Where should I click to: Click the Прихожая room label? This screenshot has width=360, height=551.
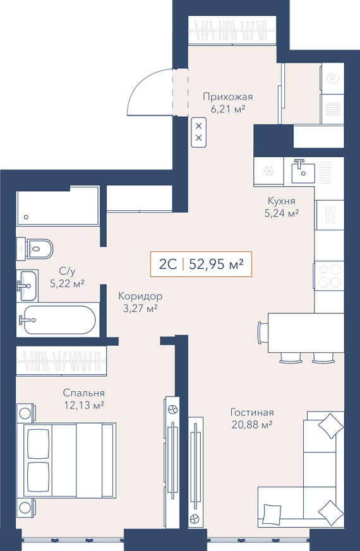pyautogui.click(x=228, y=97)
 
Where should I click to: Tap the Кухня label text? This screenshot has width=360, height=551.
pyautogui.click(x=281, y=201)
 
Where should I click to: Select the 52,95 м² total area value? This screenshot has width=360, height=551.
pyautogui.click(x=216, y=264)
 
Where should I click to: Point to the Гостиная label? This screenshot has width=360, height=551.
pyautogui.click(x=252, y=412)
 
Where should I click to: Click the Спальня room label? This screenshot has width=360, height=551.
pyautogui.click(x=83, y=393)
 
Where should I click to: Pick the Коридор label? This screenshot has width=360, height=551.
pyautogui.click(x=140, y=296)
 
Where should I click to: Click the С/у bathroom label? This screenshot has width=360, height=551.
pyautogui.click(x=67, y=271)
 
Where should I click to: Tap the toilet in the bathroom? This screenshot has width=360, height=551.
pyautogui.click(x=35, y=249)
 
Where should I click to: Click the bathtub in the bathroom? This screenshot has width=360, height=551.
pyautogui.click(x=57, y=320)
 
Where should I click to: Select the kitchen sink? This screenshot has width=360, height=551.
pyautogui.click(x=303, y=171)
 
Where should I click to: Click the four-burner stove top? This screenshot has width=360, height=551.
pyautogui.click(x=328, y=276)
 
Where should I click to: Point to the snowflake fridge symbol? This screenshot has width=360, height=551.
pyautogui.click(x=268, y=171)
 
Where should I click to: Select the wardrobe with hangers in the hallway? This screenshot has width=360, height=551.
pyautogui.click(x=232, y=30)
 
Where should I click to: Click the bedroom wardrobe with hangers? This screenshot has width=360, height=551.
pyautogui.click(x=61, y=361)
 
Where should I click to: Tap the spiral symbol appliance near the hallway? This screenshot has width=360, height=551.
pyautogui.click(x=332, y=78)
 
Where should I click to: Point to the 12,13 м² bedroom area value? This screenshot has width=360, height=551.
pyautogui.click(x=83, y=405)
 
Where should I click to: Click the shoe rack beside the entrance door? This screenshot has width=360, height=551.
pyautogui.click(x=199, y=132)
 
